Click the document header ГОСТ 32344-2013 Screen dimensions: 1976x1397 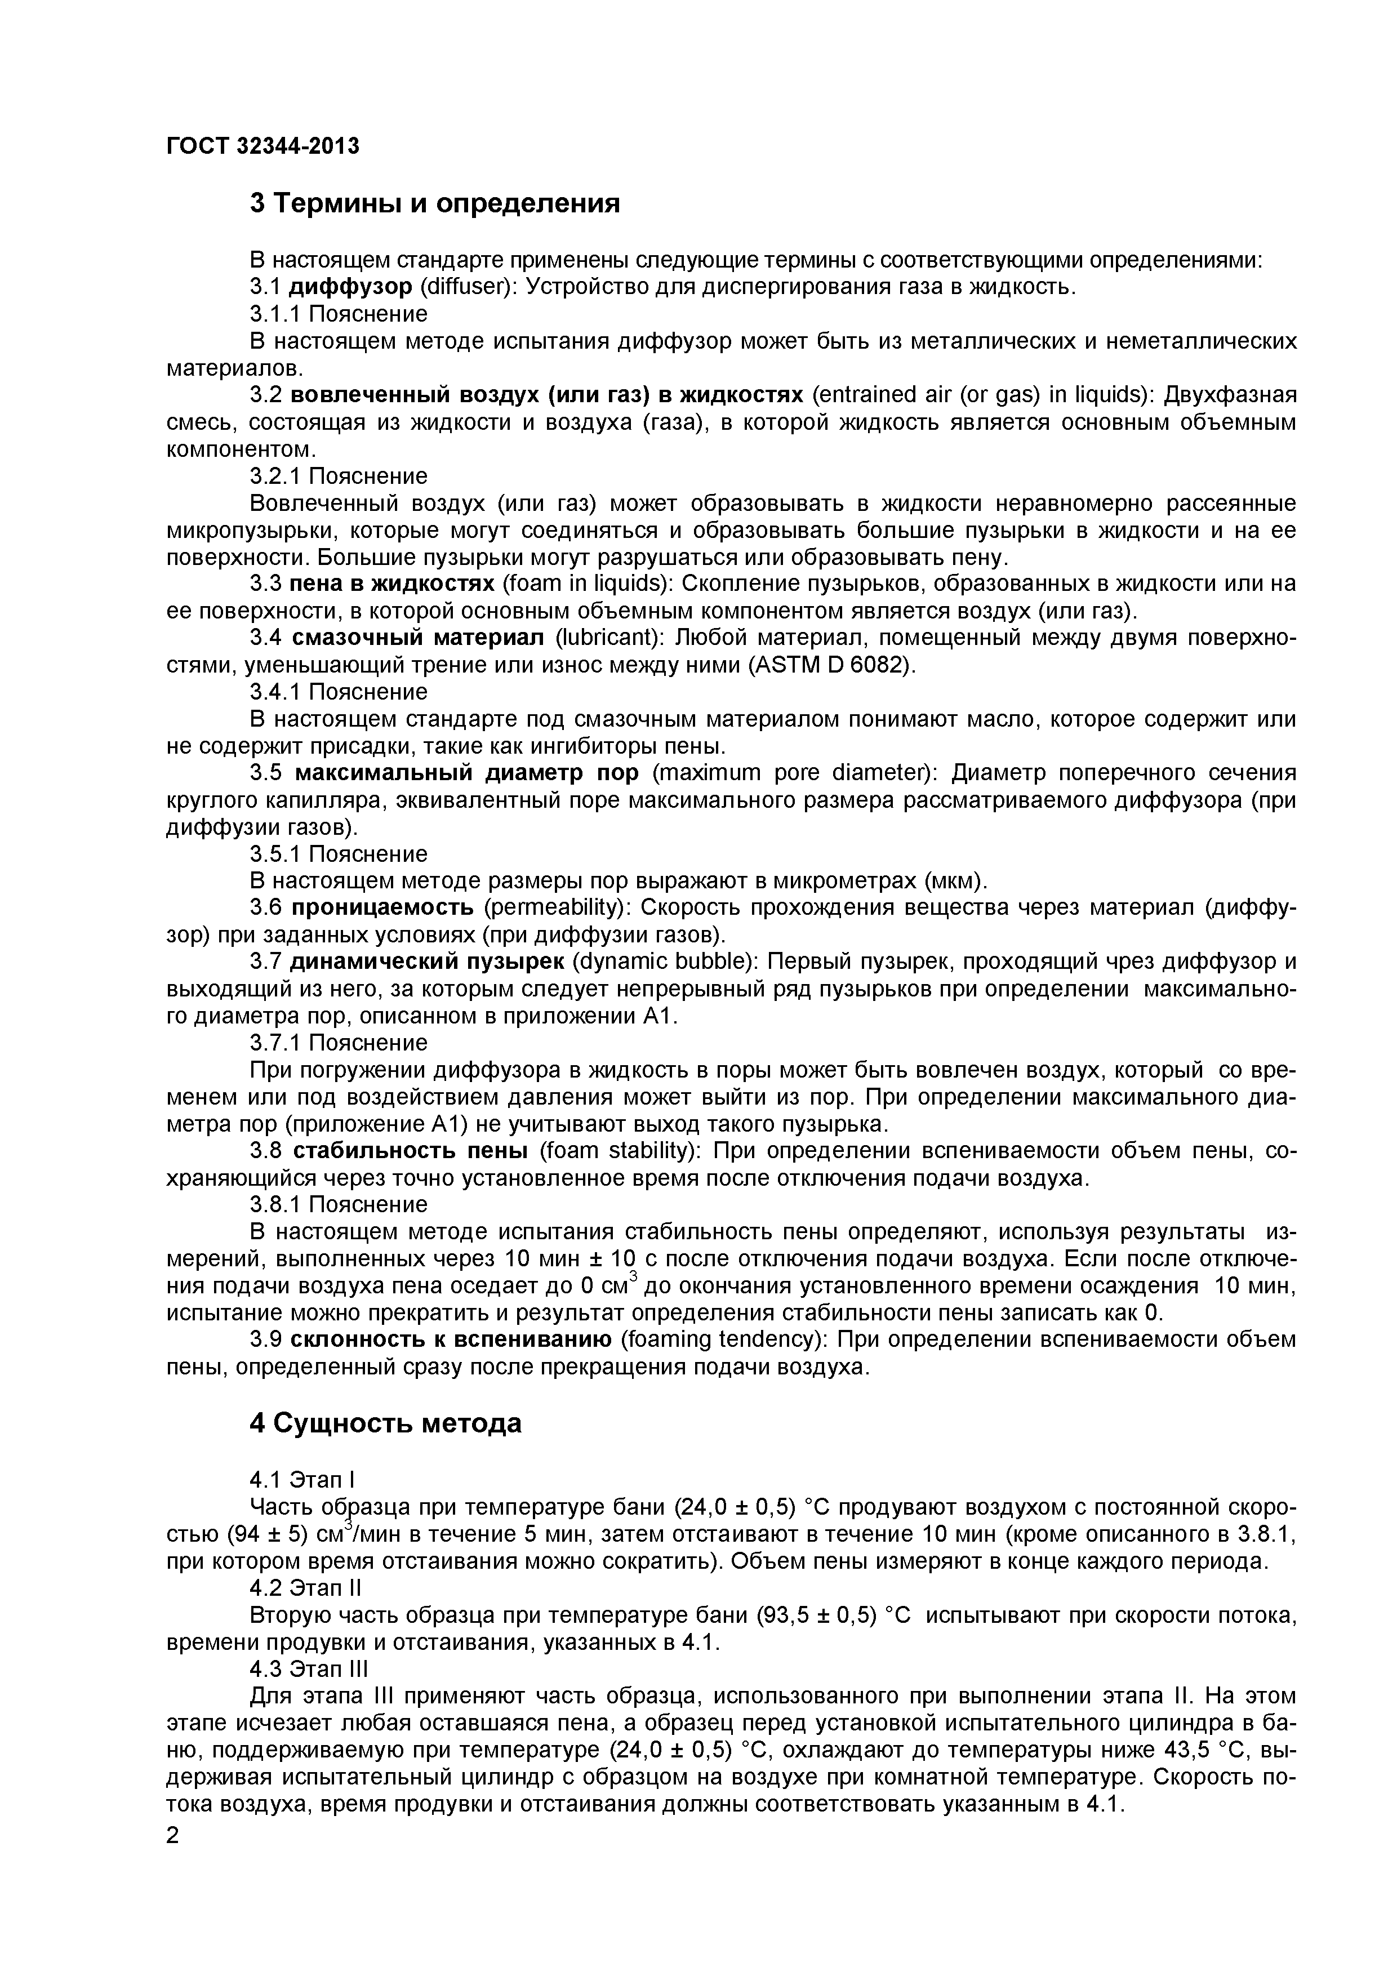[262, 146]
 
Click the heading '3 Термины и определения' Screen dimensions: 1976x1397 [435, 204]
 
